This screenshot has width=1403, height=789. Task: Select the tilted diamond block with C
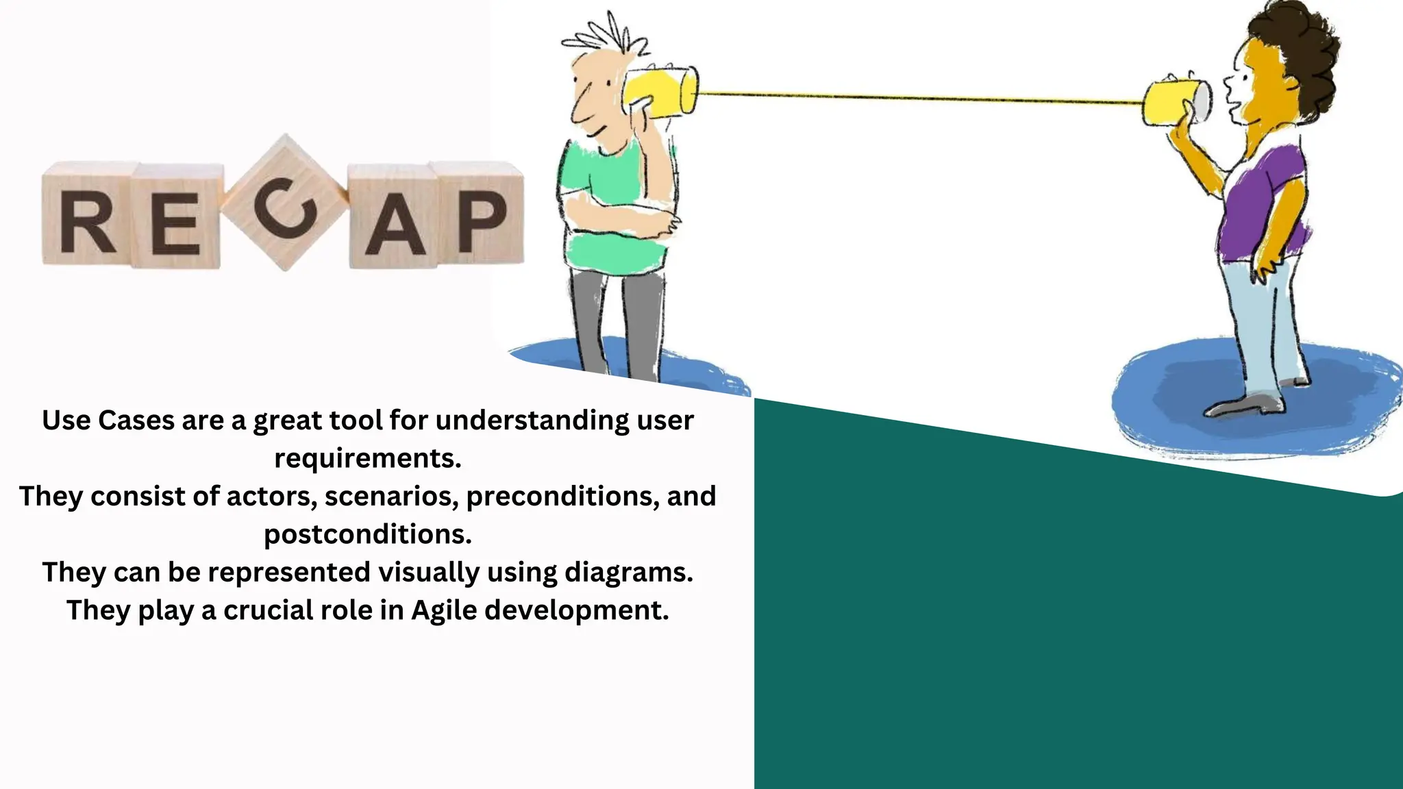(x=285, y=204)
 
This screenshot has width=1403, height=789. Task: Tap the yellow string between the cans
(x=918, y=98)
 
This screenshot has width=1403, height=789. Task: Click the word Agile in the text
(x=444, y=610)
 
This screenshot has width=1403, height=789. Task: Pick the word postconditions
(x=368, y=534)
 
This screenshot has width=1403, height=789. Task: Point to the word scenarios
(x=391, y=497)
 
